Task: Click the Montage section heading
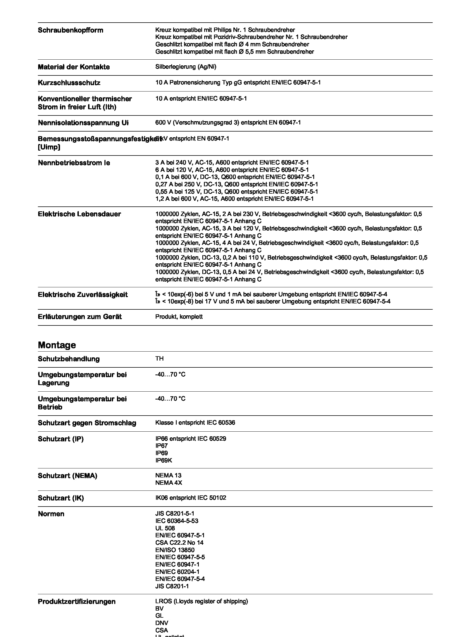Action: (x=57, y=345)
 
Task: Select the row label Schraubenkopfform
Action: (x=71, y=30)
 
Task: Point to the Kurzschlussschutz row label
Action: (x=69, y=83)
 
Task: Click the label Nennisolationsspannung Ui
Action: (x=83, y=123)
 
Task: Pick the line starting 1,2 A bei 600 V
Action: (x=234, y=199)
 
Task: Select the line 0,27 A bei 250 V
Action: (x=236, y=184)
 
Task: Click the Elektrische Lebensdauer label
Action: (x=79, y=214)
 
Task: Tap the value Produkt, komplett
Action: (x=179, y=316)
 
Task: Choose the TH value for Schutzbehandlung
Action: (x=160, y=358)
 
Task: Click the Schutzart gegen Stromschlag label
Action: (x=87, y=423)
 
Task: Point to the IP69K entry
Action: (x=164, y=460)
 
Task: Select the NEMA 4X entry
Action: (x=169, y=483)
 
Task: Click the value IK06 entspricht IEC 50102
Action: (x=191, y=498)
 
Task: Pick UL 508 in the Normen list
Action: (x=165, y=528)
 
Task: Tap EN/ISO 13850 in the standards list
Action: (x=175, y=550)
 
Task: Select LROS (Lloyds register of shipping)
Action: (x=201, y=601)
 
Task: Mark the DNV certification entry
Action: (x=162, y=623)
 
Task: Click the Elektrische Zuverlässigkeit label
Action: (x=82, y=294)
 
